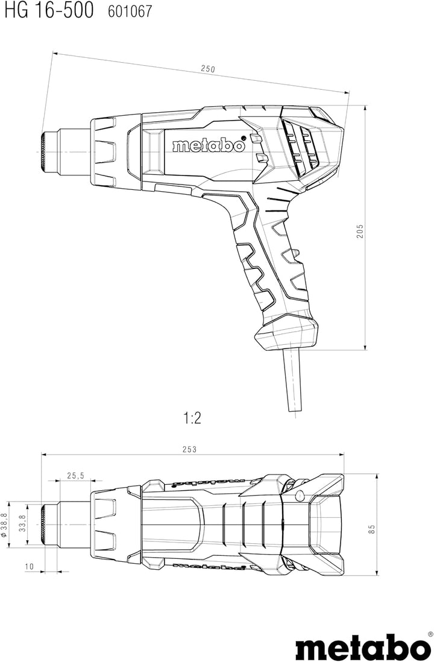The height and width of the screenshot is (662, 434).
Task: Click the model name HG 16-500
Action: [x=49, y=11]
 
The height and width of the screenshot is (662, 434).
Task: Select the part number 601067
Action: [x=130, y=12]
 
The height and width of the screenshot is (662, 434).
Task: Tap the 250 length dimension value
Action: [x=208, y=68]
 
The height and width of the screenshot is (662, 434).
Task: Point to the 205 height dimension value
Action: [x=360, y=231]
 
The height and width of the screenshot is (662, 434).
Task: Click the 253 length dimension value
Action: [x=189, y=449]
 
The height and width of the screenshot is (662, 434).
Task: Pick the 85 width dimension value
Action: [x=371, y=529]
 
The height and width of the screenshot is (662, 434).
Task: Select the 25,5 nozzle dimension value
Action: [x=75, y=475]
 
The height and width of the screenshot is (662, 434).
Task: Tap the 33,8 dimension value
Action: [x=23, y=524]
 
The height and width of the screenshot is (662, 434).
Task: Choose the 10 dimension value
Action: [x=29, y=566]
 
